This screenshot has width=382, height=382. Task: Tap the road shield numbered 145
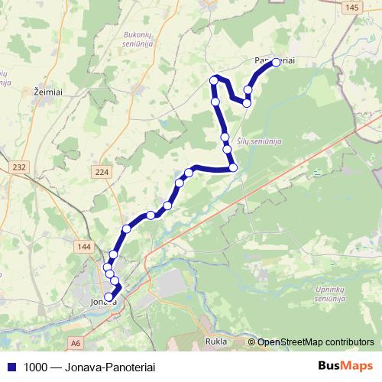(x=351, y=7)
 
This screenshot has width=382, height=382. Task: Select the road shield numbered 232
(x=19, y=167)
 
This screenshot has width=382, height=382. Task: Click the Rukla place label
(x=218, y=342)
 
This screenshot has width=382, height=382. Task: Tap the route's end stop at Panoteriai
(x=277, y=63)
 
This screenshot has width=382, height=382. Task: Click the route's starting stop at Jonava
(x=108, y=297)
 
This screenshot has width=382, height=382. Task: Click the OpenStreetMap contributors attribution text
(x=316, y=342)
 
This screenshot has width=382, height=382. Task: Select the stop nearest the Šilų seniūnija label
(x=225, y=138)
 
